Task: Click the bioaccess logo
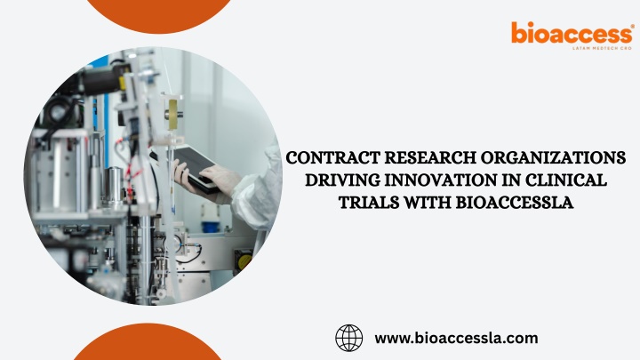pyautogui.click(x=572, y=36)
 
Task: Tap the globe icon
pyautogui.click(x=349, y=338)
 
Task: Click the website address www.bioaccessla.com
pyautogui.click(x=456, y=339)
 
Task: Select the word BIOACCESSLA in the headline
pyautogui.click(x=515, y=203)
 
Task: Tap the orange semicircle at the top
pyautogui.click(x=159, y=15)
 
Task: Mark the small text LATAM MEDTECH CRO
pyautogui.click(x=602, y=48)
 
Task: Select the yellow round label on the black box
pyautogui.click(x=245, y=261)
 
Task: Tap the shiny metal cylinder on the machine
pyautogui.click(x=115, y=186)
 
